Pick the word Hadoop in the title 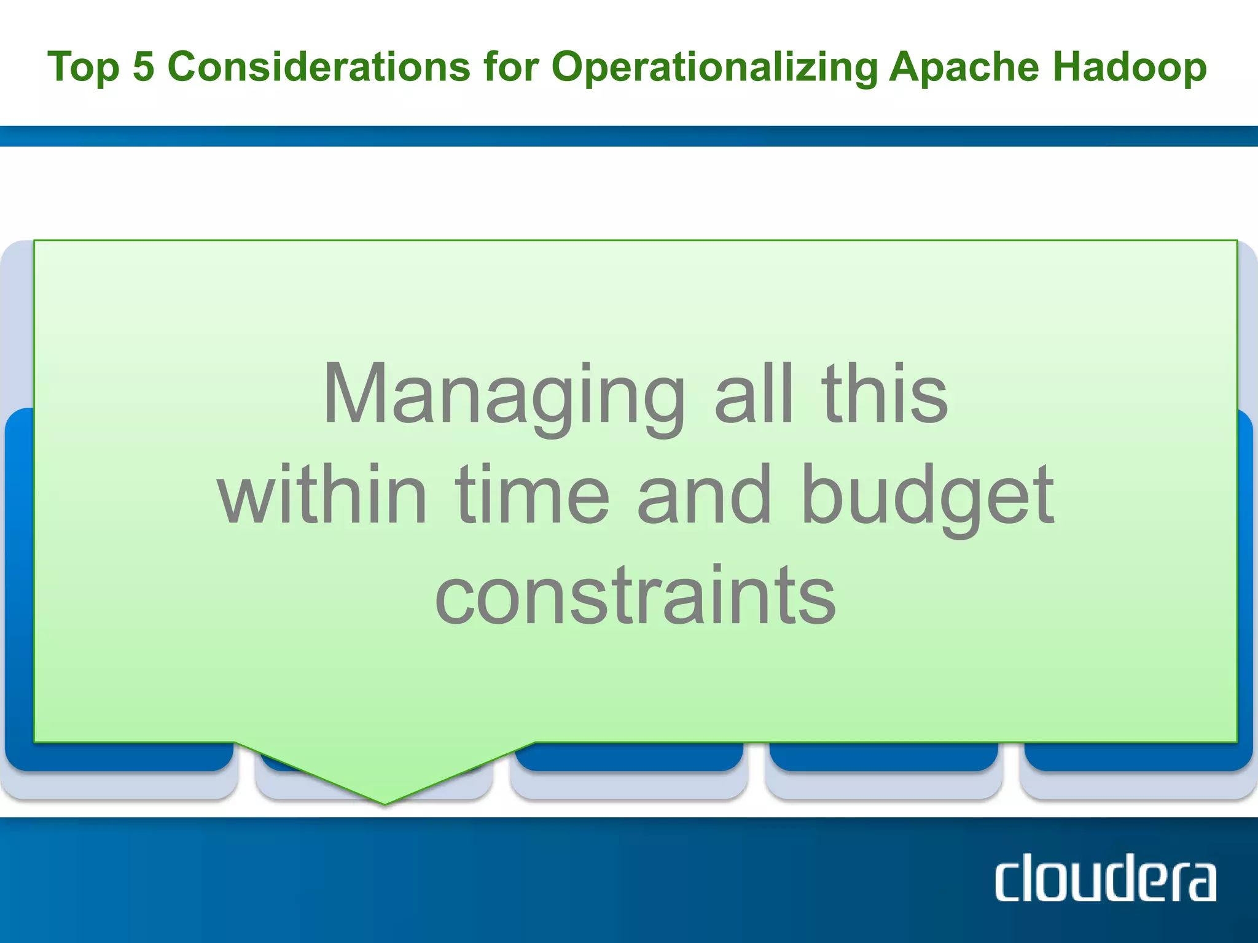[1129, 68]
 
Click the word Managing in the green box [504, 396]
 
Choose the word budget [928, 497]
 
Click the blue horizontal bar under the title [629, 136]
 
